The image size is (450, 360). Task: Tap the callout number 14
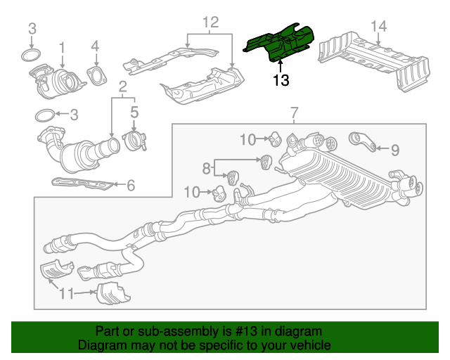[378, 27]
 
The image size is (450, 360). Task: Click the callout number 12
[211, 23]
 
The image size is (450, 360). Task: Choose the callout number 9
[394, 149]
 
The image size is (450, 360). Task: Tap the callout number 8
[206, 168]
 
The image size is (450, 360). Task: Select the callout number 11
[65, 294]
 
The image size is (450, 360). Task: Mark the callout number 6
[130, 186]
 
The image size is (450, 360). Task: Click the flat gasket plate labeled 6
[83, 184]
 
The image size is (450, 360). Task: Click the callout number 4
[95, 47]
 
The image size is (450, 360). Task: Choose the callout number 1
[62, 47]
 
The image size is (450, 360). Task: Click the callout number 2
[122, 88]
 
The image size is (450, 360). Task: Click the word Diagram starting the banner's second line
[98, 346]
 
